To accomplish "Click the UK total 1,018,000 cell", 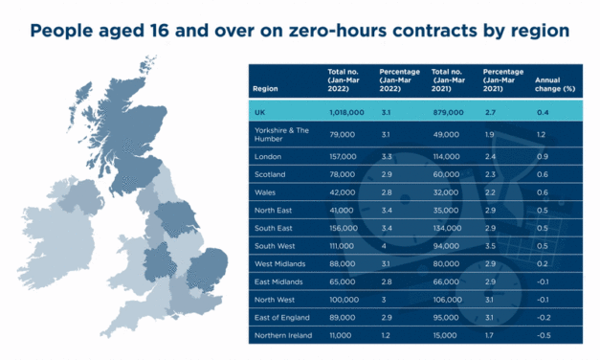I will (347, 112).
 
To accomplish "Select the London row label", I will (268, 156).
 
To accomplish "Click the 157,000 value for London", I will (342, 156).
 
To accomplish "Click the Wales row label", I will (265, 192).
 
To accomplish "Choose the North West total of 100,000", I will (344, 300).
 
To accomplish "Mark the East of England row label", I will (281, 318).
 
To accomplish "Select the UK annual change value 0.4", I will (542, 112).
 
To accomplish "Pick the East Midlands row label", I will (278, 282).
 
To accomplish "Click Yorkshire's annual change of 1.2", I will (542, 134).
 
